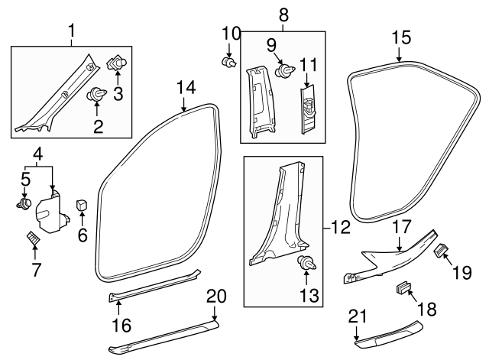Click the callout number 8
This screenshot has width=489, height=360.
283,14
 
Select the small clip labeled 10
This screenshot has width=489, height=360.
227,62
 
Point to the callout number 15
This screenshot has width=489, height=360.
401,36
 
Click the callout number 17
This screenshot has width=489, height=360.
400,226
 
